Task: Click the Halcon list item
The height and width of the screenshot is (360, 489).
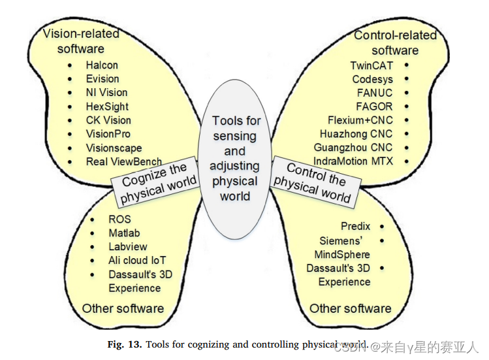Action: pyautogui.click(x=102, y=65)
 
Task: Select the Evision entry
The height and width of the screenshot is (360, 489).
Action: pyautogui.click(x=103, y=79)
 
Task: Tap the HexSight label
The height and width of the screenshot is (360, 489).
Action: pyautogui.click(x=107, y=106)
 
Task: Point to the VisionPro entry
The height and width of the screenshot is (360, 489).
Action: pyautogui.click(x=108, y=134)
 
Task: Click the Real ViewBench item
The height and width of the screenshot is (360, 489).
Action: pyautogui.click(x=124, y=161)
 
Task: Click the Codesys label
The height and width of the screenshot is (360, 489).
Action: pyautogui.click(x=373, y=79)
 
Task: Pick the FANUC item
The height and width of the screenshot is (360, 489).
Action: pyautogui.click(x=375, y=93)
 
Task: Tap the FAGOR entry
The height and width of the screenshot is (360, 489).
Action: pyautogui.click(x=375, y=106)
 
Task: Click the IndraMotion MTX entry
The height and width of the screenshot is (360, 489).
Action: pyautogui.click(x=353, y=161)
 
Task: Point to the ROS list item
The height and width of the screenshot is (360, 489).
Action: pyautogui.click(x=119, y=220)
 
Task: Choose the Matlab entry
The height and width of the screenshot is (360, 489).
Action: pyautogui.click(x=124, y=233)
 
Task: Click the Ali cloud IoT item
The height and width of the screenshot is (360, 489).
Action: pyautogui.click(x=137, y=261)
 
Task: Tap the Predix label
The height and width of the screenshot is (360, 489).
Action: pyautogui.click(x=355, y=226)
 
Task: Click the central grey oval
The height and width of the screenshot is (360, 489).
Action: pyautogui.click(x=235, y=160)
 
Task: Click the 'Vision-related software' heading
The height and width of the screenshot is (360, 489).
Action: pyautogui.click(x=81, y=41)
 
